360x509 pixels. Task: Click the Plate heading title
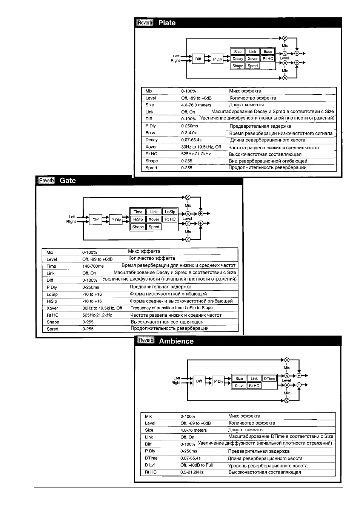(x=167, y=23)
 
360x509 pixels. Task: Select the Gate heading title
(x=68, y=181)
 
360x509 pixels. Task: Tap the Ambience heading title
(x=176, y=341)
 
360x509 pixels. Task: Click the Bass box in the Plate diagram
(x=268, y=52)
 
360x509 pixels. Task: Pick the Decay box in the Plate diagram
(x=238, y=58)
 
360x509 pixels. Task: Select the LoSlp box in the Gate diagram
(x=170, y=212)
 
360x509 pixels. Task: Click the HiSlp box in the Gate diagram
(x=138, y=219)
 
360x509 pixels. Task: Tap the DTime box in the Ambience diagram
(x=269, y=378)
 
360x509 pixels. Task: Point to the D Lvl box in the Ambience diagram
(x=239, y=386)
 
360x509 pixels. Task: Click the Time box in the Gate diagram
(x=138, y=212)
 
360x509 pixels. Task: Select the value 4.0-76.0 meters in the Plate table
(x=196, y=105)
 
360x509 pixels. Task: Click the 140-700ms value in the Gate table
(x=93, y=266)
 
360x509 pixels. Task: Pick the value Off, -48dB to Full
(x=197, y=465)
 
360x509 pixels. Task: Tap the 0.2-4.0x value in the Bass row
(x=189, y=133)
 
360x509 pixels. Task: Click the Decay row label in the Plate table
(x=151, y=140)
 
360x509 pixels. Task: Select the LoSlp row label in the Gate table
(x=52, y=294)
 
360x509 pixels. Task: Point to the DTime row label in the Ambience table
(x=151, y=458)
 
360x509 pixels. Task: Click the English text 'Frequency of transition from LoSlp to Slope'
(x=171, y=308)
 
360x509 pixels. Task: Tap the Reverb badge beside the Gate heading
(x=46, y=181)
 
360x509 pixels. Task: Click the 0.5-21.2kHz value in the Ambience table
(x=192, y=472)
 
